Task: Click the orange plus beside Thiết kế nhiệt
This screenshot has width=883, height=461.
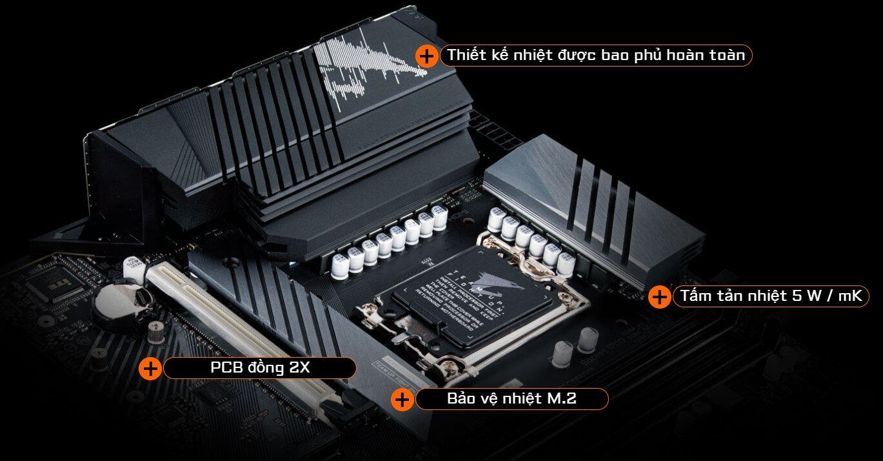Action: [426, 56]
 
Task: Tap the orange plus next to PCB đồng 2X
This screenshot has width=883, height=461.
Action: [150, 369]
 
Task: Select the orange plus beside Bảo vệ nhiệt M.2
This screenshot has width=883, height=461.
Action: [402, 399]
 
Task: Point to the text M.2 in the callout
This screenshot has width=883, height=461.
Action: [561, 399]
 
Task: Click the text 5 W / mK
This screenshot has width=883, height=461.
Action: [828, 296]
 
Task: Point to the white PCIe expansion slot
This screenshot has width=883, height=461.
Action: [239, 329]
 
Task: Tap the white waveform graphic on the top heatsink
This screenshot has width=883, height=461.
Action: [368, 65]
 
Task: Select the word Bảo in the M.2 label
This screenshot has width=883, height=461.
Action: [462, 399]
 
